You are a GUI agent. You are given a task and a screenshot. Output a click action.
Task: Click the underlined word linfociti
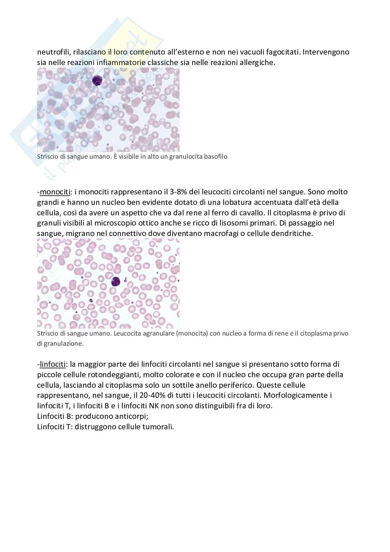pos(53,364)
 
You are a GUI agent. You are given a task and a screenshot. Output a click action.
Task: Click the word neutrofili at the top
pos(53,52)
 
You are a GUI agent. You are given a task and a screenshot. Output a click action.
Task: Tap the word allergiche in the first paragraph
pos(259,63)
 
